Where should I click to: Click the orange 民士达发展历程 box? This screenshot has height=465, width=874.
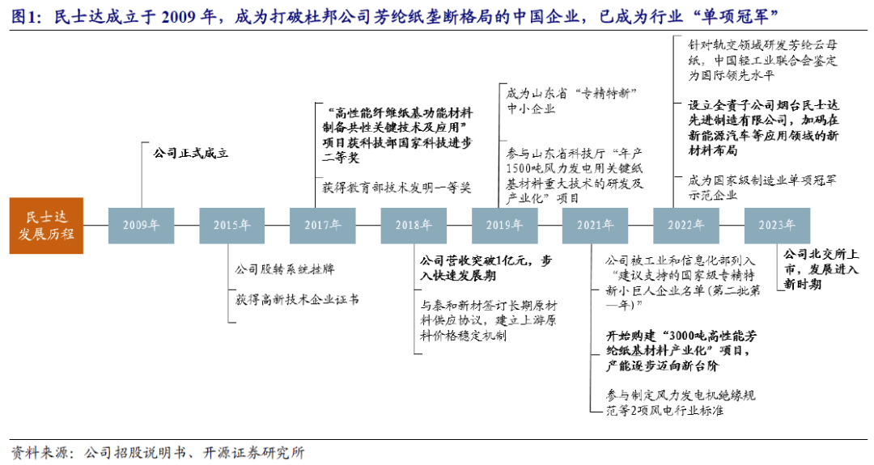[46, 226]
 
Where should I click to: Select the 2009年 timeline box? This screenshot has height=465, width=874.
[141, 226]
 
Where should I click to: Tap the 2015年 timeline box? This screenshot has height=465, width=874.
[232, 226]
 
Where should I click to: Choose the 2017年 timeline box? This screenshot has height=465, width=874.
[323, 226]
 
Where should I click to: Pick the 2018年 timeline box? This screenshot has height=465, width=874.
[414, 226]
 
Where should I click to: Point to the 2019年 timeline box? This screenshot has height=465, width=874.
[504, 226]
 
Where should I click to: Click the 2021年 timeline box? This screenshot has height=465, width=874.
[596, 226]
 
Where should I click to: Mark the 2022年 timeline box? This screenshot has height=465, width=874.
[686, 226]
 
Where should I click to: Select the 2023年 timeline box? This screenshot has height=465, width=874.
[777, 226]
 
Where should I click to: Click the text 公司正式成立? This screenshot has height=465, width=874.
[191, 153]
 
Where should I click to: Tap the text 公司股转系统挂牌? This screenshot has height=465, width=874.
[285, 269]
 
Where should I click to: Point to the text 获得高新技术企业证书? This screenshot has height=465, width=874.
[297, 299]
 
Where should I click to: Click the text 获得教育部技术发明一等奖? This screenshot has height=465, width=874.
[397, 188]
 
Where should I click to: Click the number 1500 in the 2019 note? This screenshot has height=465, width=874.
[519, 168]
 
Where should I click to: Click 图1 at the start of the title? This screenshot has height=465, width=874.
[26, 17]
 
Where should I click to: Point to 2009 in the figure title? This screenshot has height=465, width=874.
[180, 17]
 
